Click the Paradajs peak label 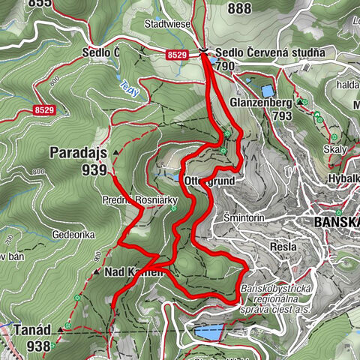77,152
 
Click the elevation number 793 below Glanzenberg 282,117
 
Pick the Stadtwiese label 166,24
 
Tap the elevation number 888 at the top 240,8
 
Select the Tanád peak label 31,329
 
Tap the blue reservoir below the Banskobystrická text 208,330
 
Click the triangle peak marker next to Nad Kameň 97,272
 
